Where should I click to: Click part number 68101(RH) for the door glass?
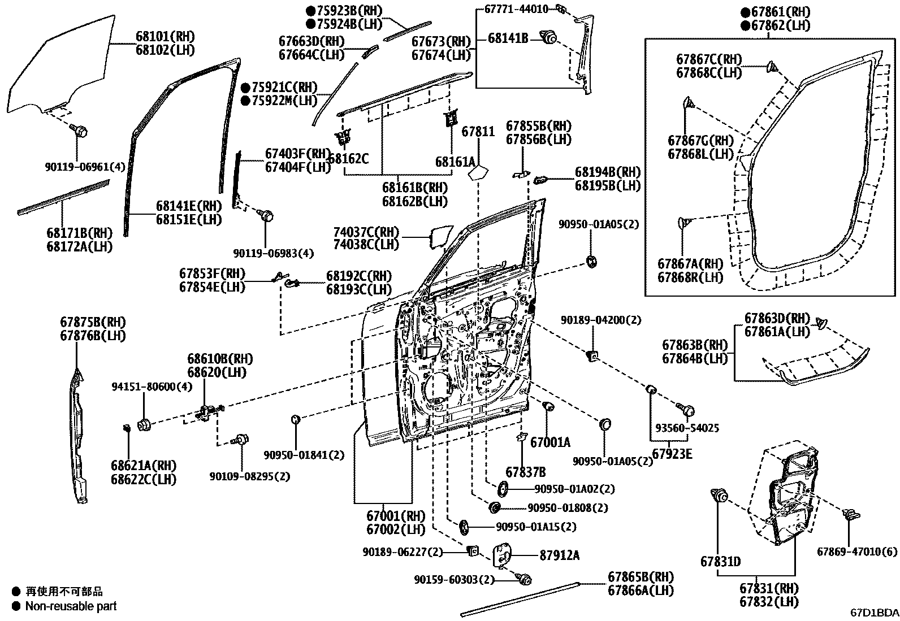coord(165,37)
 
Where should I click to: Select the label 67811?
coord(478,132)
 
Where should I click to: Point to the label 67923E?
coord(672,453)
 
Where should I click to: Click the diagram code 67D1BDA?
coord(874,613)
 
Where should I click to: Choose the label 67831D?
coord(720,562)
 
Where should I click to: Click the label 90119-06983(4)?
coord(274,253)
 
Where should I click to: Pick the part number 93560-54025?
coord(687,428)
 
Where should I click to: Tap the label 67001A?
coord(550,442)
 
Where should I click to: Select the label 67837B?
coord(525,472)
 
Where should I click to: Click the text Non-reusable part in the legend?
coord(71,606)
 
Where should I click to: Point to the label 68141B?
coord(508,38)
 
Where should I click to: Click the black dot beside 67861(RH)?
coord(746,12)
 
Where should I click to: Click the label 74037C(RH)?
coord(365,232)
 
